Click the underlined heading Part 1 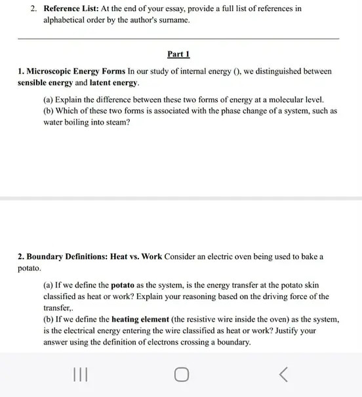(178, 54)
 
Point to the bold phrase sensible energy (45, 83)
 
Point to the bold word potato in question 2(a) (125, 285)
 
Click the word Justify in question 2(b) (303, 331)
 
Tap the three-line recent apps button (79, 375)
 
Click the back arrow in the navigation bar (283, 375)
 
